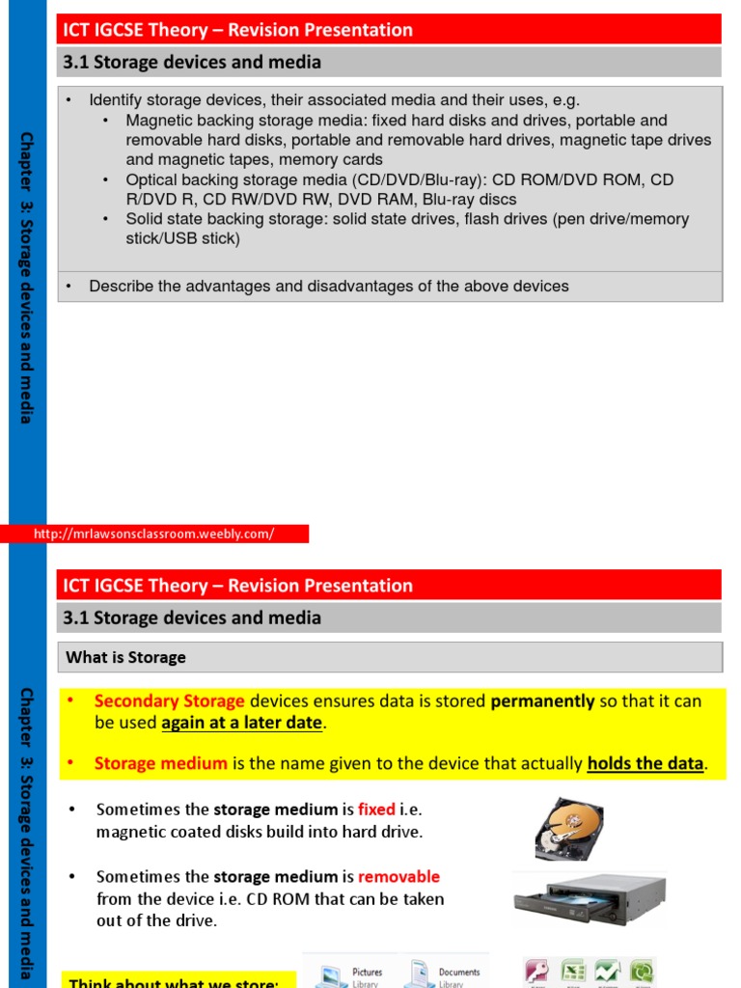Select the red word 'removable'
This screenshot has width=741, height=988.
pos(398,877)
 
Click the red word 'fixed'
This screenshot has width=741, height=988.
pos(376,810)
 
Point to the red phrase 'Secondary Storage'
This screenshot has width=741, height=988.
pos(169,701)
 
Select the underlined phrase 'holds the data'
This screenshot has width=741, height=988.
pos(645,763)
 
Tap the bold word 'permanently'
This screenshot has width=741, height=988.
pos(542,701)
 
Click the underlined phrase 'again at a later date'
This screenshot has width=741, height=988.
pos(241,723)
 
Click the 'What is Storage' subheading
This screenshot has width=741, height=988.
pos(125,657)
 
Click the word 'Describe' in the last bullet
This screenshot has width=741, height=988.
pos(122,286)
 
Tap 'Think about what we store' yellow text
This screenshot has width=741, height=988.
pos(174,982)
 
